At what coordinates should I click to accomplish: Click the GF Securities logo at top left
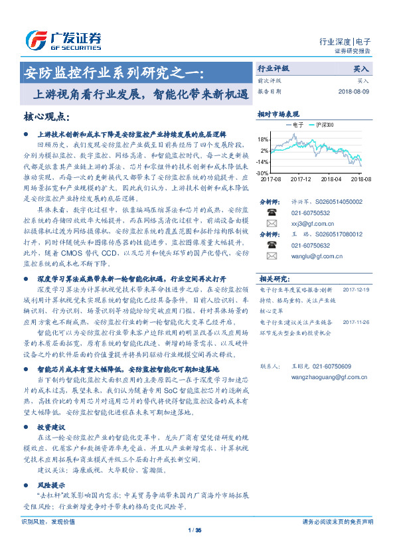coord(64,40)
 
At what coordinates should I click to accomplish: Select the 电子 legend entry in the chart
coord(295,124)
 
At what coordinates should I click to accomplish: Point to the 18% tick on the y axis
coord(263,139)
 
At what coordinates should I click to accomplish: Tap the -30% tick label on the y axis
coord(262,173)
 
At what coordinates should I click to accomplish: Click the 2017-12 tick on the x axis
coord(300,179)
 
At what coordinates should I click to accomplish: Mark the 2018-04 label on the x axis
coord(331,179)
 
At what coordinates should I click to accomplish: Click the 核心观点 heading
coord(46,117)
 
